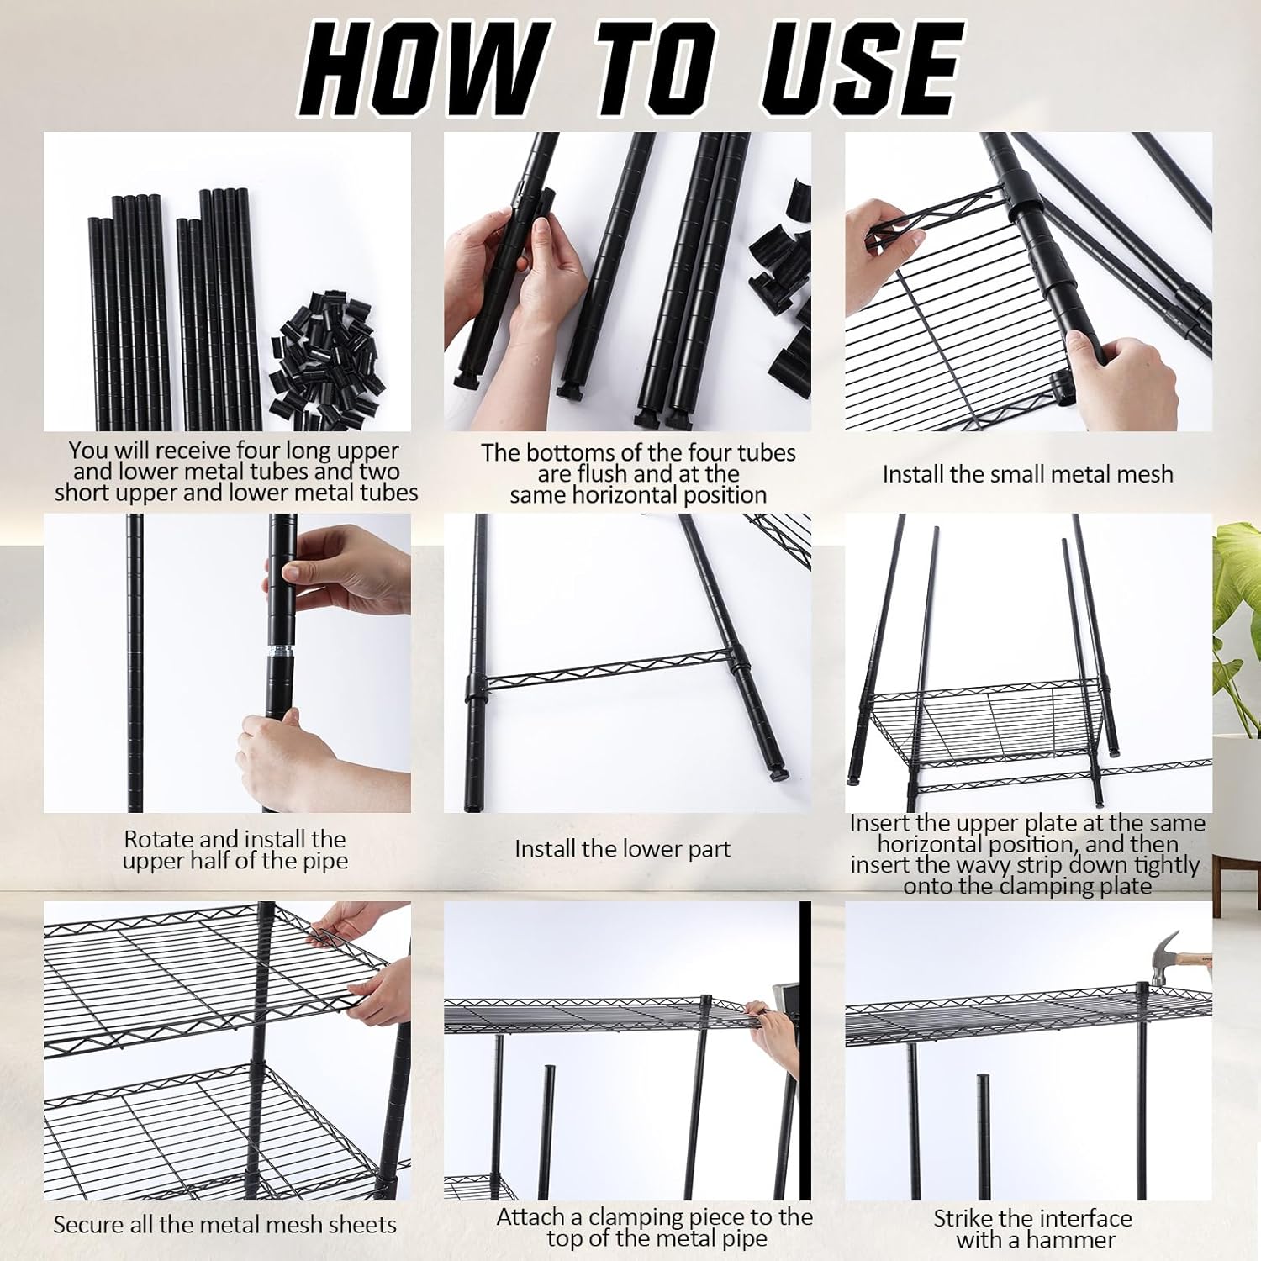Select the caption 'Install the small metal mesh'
1027,474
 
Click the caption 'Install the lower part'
622,849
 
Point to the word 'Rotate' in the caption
157,839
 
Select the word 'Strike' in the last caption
963,1218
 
